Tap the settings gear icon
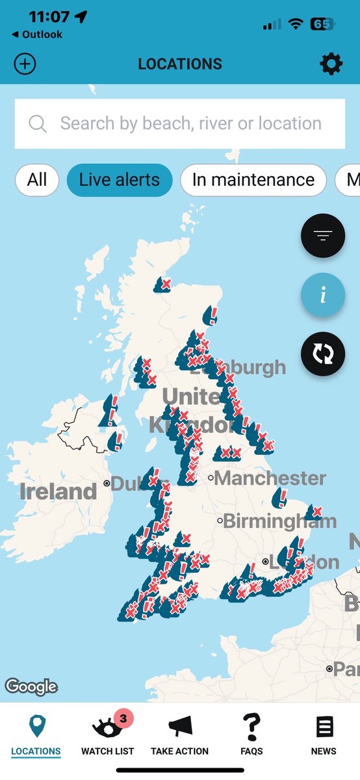(x=331, y=64)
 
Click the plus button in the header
(x=25, y=64)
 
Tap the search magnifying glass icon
(x=38, y=123)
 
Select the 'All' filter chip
(x=37, y=179)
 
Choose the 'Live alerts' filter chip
(x=120, y=179)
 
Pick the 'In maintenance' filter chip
(x=253, y=179)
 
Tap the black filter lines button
(x=323, y=235)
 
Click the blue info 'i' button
(x=323, y=294)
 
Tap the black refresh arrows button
(x=323, y=353)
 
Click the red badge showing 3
(x=123, y=718)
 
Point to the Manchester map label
(x=269, y=478)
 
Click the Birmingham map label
(x=279, y=521)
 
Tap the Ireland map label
(x=58, y=491)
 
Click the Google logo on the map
(x=31, y=686)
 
